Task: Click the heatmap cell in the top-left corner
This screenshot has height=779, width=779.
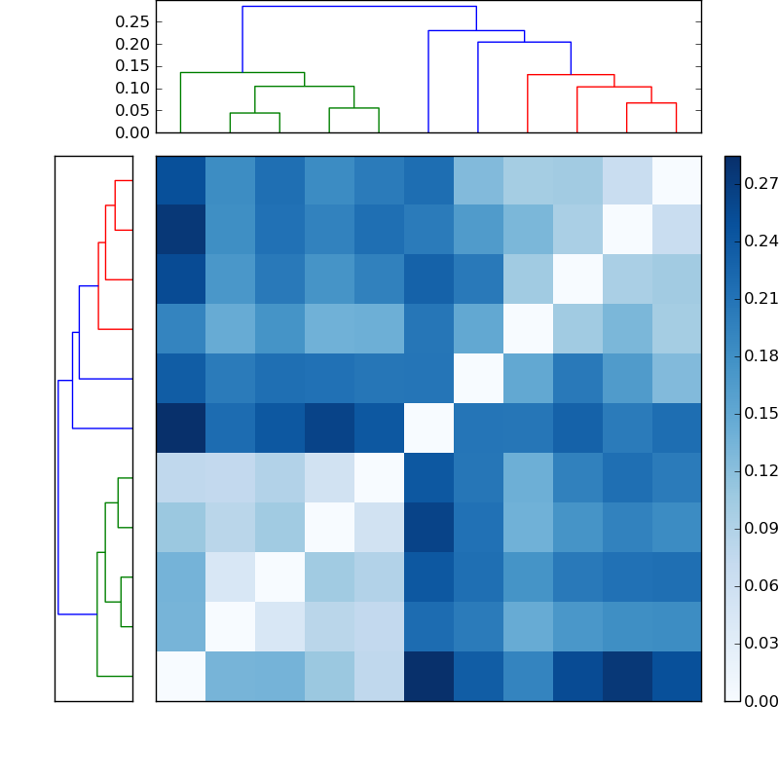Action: pos(180,180)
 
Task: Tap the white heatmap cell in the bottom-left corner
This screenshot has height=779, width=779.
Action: pos(180,676)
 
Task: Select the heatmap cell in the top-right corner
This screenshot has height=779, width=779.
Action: pos(676,180)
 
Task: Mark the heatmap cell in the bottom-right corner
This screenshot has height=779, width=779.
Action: pos(676,676)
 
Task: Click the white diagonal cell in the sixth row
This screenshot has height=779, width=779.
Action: pos(428,428)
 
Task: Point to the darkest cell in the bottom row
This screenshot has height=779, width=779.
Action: pos(428,676)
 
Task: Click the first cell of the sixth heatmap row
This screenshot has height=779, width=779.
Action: pos(180,428)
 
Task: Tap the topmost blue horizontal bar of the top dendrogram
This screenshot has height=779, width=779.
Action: pos(359,7)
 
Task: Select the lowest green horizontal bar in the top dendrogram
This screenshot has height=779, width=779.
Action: pos(255,113)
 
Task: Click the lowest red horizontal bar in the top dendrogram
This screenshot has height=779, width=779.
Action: pos(651,103)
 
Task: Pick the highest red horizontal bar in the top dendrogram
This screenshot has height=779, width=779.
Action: pos(571,75)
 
